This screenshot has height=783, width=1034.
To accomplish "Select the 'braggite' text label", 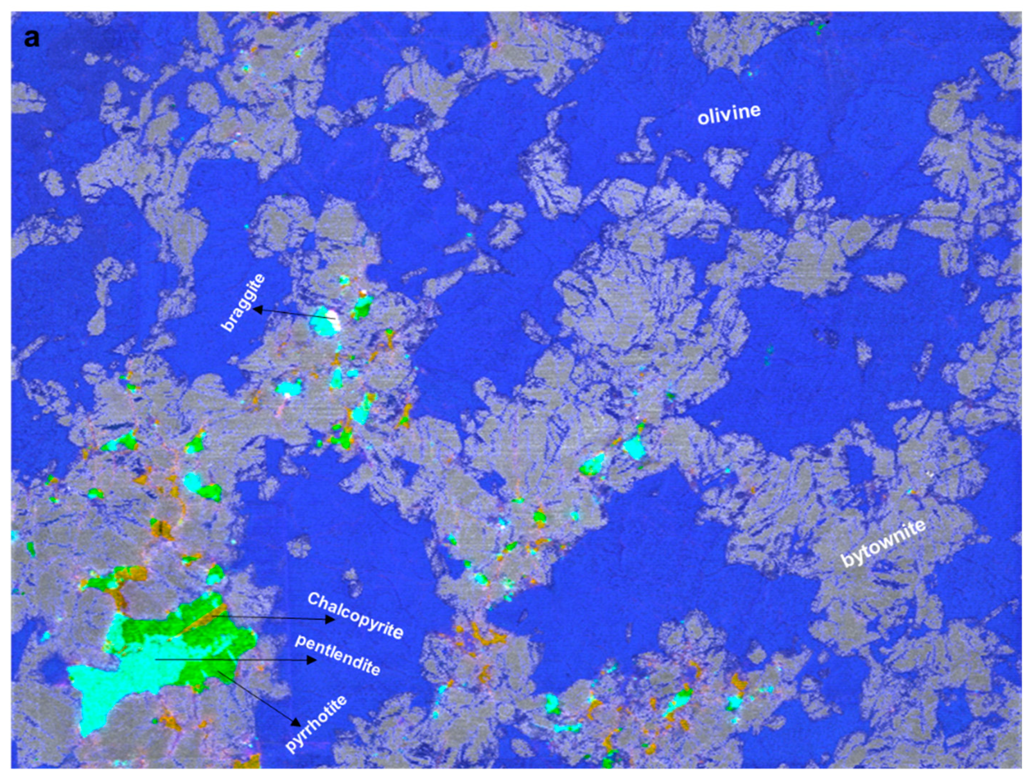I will coord(244,303).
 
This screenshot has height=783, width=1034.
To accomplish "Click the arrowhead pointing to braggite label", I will coord(256,309).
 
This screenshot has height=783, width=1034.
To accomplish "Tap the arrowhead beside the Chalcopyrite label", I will coord(330,620).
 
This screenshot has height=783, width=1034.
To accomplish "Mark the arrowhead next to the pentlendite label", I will coord(311,660).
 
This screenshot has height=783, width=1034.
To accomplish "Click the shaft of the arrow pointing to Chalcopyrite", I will coord(271,618).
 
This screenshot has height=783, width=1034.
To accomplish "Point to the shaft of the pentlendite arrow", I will coord(234,659).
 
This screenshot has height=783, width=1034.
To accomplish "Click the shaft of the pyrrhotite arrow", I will coord(257,696).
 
